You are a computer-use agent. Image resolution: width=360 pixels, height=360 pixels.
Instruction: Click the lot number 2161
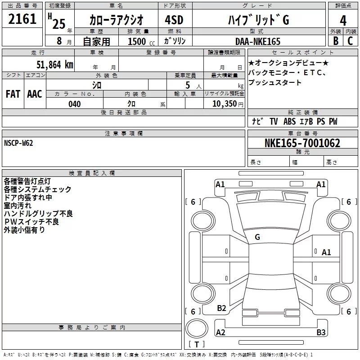click(x=22, y=19)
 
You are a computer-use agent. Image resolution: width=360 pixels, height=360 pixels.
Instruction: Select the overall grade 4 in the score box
click(x=343, y=20)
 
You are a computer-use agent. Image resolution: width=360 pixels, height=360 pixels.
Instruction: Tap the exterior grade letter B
click(x=336, y=41)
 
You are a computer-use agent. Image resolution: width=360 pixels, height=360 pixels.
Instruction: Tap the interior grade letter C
click(x=350, y=41)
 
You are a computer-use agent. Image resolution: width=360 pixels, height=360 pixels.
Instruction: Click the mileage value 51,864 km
click(x=55, y=64)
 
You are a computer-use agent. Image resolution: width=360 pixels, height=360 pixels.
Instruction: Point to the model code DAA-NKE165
click(x=258, y=41)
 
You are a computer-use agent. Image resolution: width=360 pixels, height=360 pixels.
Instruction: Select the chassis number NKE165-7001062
click(x=302, y=143)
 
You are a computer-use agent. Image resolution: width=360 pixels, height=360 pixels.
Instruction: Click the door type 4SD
click(x=174, y=20)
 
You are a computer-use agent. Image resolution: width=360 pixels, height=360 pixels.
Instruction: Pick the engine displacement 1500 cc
click(x=141, y=41)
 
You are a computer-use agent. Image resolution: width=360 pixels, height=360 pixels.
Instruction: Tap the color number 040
click(x=75, y=104)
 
